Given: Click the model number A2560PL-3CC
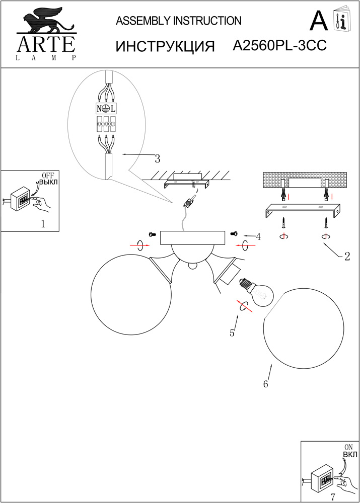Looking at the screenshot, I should tap(280, 46).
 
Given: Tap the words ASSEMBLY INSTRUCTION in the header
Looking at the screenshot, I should tap(179, 21).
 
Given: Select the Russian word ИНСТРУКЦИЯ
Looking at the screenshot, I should tap(166, 46).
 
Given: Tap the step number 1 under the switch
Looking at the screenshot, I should tap(43, 224).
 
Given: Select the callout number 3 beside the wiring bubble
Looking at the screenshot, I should tap(157, 159).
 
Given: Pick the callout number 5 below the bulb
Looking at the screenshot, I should tap(232, 332).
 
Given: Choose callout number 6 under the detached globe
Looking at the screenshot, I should tap(265, 384).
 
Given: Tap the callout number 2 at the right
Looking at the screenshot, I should tap(347, 257).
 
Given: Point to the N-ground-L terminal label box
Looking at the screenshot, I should tap(106, 108).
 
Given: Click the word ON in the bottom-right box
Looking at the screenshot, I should tap(348, 447).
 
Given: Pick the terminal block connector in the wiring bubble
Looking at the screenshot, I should tap(106, 123).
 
